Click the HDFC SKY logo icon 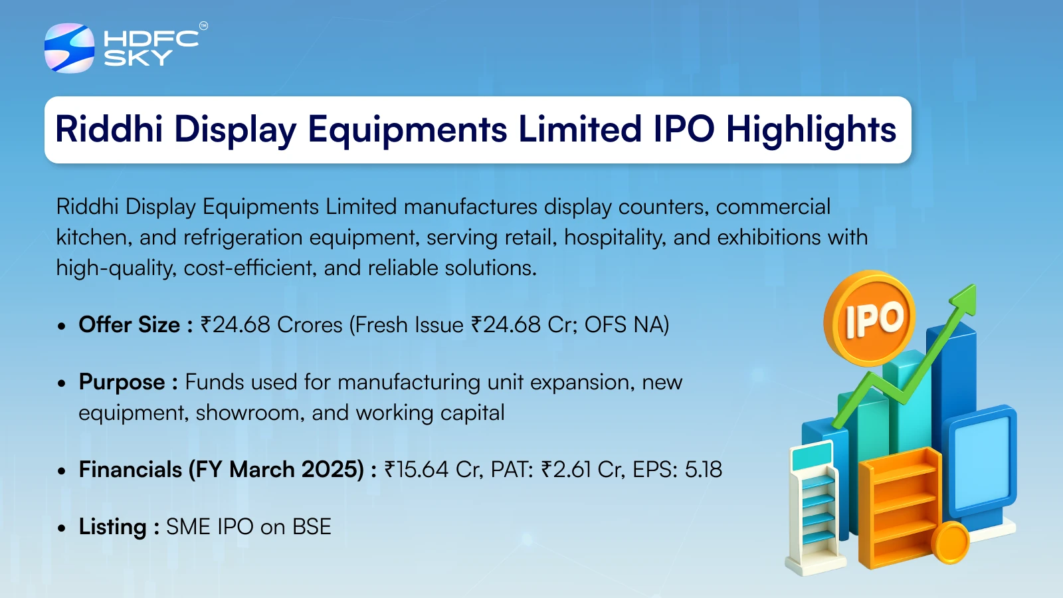click(69, 48)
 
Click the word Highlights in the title click(811, 130)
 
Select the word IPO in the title click(684, 129)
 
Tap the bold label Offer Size click(129, 325)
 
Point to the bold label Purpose click(122, 383)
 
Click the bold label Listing click(112, 527)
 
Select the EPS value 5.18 click(704, 469)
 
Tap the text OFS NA click(623, 325)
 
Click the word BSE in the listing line click(312, 527)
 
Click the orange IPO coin click(870, 318)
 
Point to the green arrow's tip click(974, 286)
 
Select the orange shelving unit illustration click(900, 508)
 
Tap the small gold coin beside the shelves click(949, 542)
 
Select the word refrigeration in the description click(243, 237)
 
